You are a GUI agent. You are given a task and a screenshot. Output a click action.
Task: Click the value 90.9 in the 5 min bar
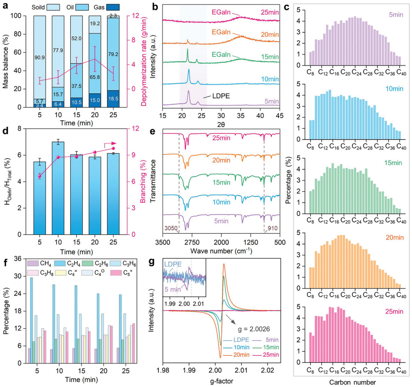pos(40,58)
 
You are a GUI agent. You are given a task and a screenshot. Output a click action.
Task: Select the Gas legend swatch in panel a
pos(113,7)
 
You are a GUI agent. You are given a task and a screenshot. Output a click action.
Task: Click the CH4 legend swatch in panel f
pos(33,263)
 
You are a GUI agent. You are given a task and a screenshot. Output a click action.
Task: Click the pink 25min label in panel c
pos(394,312)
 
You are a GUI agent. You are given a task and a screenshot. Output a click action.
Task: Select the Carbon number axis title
pos(353,382)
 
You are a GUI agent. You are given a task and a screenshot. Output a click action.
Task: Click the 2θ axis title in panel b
pos(221,125)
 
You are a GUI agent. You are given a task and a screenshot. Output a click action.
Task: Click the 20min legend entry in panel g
pos(242,355)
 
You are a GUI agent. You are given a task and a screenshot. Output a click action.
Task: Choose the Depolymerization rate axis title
pos(144,60)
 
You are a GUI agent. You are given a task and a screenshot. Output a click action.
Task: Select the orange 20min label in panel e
pos(221,160)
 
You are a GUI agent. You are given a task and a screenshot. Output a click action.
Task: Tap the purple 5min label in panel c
pos(396,15)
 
